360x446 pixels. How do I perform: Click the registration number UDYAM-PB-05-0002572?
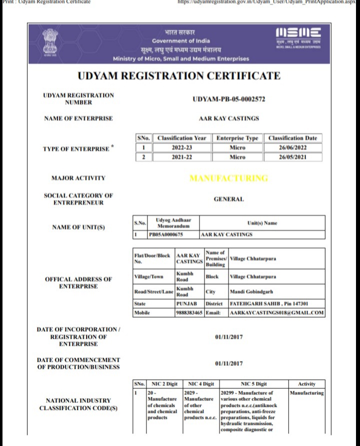(x=228, y=99)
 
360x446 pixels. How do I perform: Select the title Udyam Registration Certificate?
(x=179, y=76)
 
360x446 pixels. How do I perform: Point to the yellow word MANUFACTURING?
(x=229, y=178)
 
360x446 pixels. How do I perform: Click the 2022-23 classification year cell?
(x=181, y=148)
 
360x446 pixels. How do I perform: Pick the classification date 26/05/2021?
(x=292, y=157)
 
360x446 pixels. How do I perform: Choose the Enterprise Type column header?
(x=237, y=138)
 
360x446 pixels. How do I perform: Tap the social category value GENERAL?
(x=228, y=199)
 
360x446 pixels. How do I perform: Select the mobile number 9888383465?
(x=189, y=313)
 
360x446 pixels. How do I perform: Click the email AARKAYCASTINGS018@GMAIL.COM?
(x=276, y=313)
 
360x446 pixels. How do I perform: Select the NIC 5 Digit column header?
(x=253, y=384)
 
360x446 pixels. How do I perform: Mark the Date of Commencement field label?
(x=78, y=363)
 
